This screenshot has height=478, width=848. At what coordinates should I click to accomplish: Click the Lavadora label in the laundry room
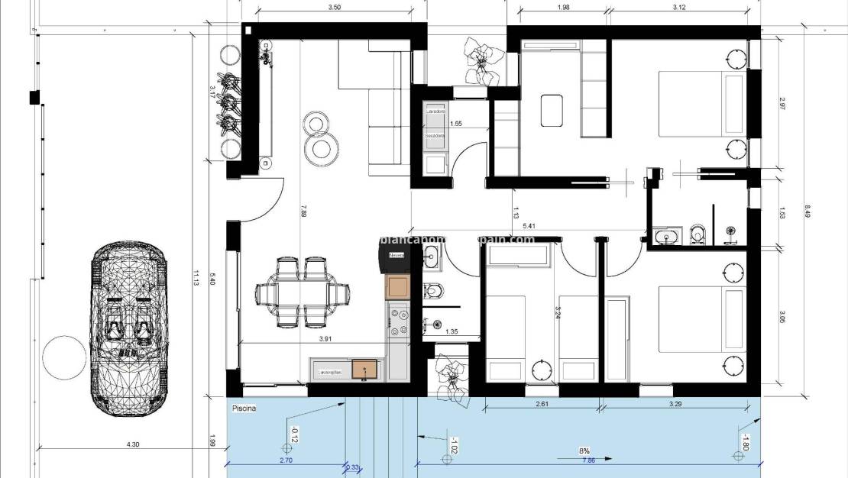436,112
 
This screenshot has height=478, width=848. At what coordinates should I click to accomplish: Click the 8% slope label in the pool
584,451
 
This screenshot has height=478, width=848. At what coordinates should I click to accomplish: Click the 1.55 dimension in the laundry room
456,123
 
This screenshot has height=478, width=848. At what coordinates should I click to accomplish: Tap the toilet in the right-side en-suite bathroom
697,234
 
